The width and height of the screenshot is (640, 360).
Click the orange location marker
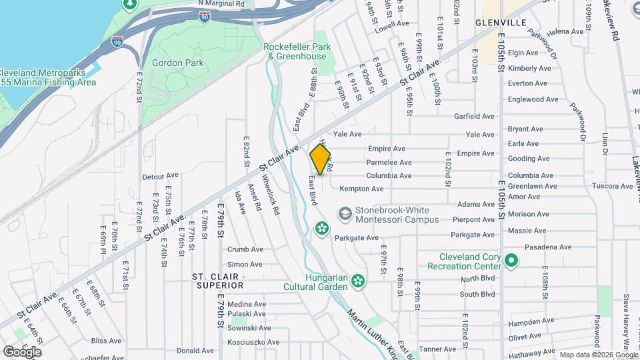click(321, 160)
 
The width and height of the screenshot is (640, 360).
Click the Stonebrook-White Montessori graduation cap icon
click(345, 213)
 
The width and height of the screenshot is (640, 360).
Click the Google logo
click(22, 351)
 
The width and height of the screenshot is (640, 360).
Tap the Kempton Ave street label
click(361, 189)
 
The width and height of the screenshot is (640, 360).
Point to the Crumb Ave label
click(245, 249)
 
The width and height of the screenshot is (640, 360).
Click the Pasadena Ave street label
click(548, 247)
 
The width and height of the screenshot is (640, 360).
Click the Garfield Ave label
click(474, 116)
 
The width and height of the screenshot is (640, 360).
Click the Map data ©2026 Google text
click(598, 355)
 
